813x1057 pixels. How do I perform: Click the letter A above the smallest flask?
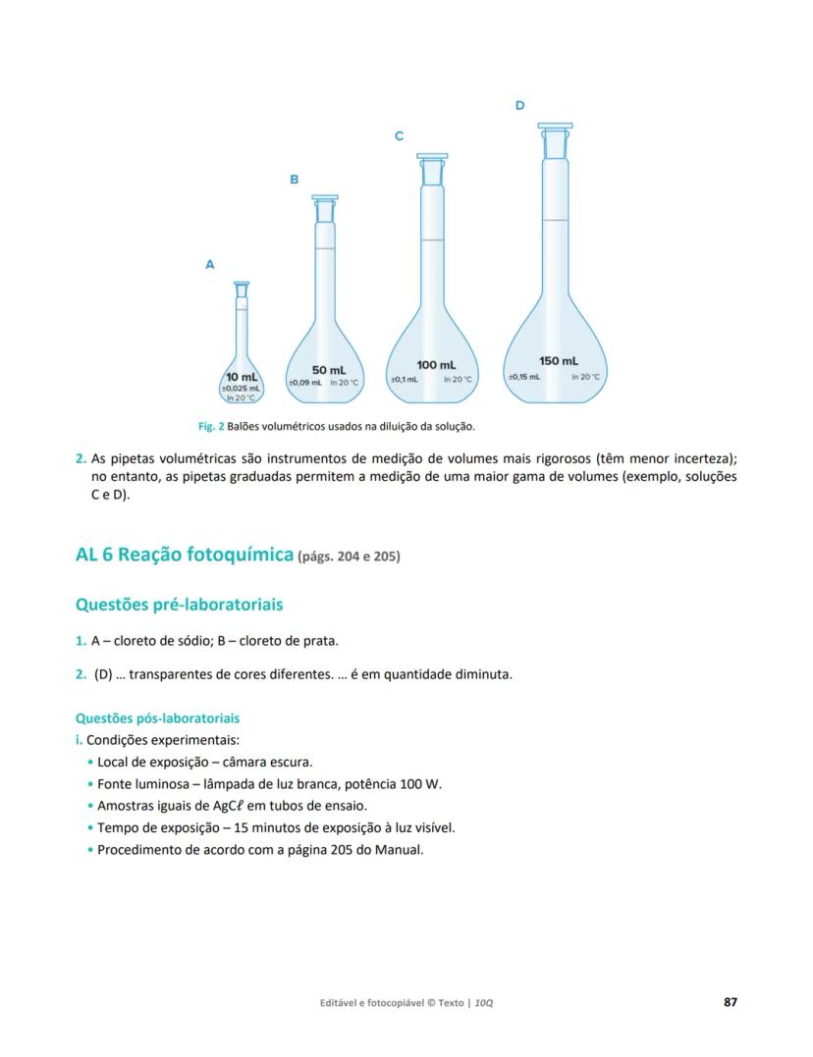click(209, 264)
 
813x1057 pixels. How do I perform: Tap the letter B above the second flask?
click(294, 180)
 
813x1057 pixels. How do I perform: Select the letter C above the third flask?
click(399, 136)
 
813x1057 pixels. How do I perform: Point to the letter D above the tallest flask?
click(519, 105)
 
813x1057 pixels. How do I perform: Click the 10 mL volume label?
click(242, 377)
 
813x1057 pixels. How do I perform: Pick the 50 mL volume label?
click(329, 370)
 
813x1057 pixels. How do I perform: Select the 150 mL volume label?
click(558, 361)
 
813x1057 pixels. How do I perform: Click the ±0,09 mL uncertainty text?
click(304, 382)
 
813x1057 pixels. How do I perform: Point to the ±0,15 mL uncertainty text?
click(523, 376)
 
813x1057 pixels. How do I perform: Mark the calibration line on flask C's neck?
click(432, 239)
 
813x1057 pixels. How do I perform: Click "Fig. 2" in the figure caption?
click(211, 426)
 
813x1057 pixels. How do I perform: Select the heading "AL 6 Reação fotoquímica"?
click(185, 555)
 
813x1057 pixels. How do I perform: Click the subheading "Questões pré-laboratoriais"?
click(180, 605)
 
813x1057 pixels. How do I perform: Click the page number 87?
click(730, 1002)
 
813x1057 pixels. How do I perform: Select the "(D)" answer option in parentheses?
click(103, 674)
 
